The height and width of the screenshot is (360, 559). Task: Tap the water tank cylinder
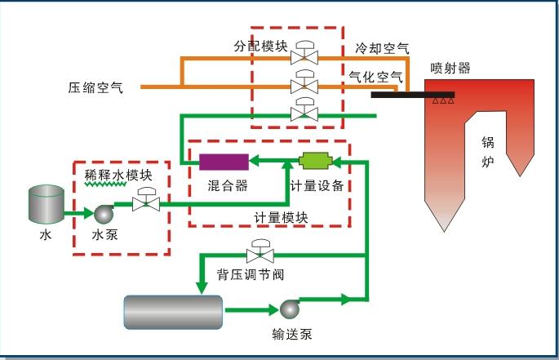46,204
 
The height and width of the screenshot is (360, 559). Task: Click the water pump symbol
104,213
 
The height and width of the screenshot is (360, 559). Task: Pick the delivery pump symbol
289,309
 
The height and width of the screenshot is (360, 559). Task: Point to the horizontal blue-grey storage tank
173,311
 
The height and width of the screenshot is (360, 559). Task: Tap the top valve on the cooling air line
306,54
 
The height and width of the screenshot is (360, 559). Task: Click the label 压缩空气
95,87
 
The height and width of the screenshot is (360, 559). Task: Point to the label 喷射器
450,69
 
